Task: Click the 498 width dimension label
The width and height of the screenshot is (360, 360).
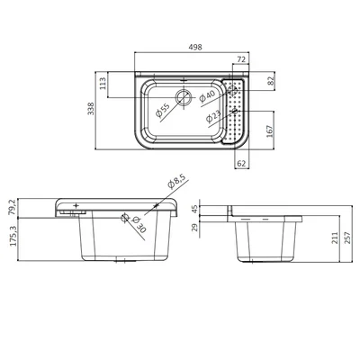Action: [x=195, y=47]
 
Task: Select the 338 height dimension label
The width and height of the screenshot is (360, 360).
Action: [x=91, y=109]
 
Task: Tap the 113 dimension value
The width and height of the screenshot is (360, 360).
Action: [x=103, y=84]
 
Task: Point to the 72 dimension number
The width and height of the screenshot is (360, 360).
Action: [x=241, y=59]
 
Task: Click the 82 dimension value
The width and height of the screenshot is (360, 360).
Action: [x=271, y=81]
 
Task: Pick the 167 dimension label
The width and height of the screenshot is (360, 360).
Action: [x=270, y=131]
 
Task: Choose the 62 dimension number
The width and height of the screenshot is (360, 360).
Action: [x=241, y=164]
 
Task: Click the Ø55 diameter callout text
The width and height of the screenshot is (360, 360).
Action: [x=163, y=110]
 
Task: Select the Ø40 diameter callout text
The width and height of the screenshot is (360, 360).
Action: [x=207, y=96]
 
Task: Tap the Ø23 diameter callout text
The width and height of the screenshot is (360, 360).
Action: [x=213, y=117]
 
